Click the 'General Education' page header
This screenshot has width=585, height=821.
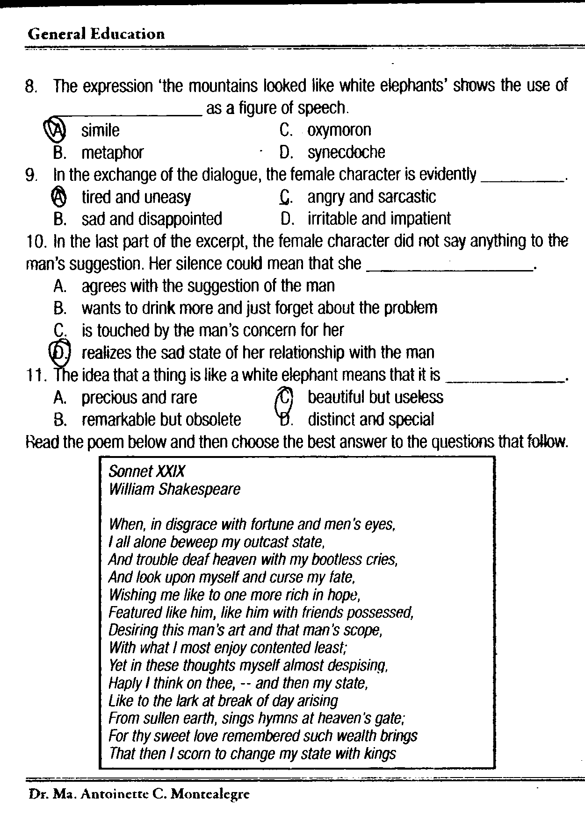96,34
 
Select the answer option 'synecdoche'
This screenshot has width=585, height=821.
346,152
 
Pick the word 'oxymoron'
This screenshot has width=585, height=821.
339,130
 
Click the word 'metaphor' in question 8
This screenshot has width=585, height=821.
112,152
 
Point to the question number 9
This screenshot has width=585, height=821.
31,175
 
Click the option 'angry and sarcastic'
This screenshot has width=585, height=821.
371,197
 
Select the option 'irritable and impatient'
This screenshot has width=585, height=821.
379,219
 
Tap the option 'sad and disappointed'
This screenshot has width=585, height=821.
152,219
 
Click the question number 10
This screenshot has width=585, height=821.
36,241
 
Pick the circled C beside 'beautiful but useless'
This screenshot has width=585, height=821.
285,398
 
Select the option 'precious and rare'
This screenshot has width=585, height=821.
139,398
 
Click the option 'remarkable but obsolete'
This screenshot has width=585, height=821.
161,420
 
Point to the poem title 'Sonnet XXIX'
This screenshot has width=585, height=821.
146,471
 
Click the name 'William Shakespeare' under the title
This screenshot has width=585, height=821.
174,489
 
